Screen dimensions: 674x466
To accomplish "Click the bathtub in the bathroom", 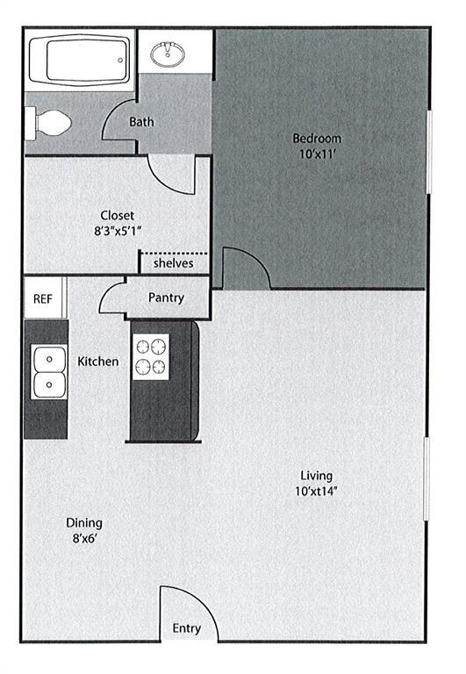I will pyautogui.click(x=79, y=59).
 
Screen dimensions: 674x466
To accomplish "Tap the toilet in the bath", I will pyautogui.click(x=49, y=122).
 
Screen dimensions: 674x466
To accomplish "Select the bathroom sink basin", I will pyautogui.click(x=168, y=55).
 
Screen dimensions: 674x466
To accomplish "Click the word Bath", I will pyautogui.click(x=141, y=122).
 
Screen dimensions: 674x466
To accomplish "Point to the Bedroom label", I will pyautogui.click(x=317, y=139).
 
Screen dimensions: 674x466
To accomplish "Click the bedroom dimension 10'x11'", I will pyautogui.click(x=317, y=154).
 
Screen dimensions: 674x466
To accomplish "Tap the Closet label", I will pyautogui.click(x=117, y=215).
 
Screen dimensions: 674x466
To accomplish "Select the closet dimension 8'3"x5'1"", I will pyautogui.click(x=117, y=230).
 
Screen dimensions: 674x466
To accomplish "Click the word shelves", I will pyautogui.click(x=173, y=263).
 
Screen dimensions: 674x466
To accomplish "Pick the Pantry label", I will pyautogui.click(x=166, y=298).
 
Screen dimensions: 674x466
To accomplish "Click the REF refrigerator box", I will pyautogui.click(x=43, y=298).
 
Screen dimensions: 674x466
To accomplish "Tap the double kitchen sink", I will pyautogui.click(x=49, y=372).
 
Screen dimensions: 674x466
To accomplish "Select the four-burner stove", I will pyautogui.click(x=150, y=357).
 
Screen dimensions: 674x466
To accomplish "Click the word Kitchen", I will pyautogui.click(x=97, y=362).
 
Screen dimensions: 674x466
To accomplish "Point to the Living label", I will pyautogui.click(x=315, y=476).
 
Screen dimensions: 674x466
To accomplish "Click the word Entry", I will pyautogui.click(x=186, y=628).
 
